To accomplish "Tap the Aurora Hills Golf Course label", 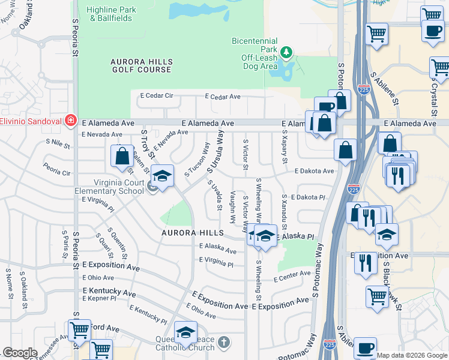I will click(x=141, y=66).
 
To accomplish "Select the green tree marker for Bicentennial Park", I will click(x=287, y=53).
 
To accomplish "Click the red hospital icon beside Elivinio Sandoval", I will click(x=71, y=120).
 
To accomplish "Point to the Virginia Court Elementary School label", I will click(x=117, y=187).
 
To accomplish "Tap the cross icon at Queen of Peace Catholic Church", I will click(x=223, y=343).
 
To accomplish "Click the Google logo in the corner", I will click(x=20, y=353).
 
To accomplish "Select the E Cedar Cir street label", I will click(x=156, y=96).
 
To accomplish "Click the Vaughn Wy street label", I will click(x=233, y=207).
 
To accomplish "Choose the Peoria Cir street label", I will click(x=58, y=168).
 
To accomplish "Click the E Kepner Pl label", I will click(x=97, y=298).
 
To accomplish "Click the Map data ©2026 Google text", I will click(x=412, y=355).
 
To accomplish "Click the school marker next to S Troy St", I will click(x=162, y=176).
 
